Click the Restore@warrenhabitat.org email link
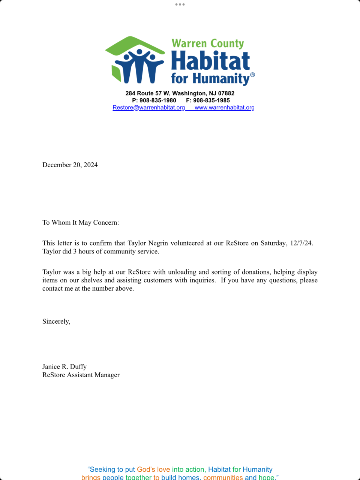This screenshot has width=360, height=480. [x=149, y=108]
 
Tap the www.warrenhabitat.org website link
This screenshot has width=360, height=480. [x=225, y=108]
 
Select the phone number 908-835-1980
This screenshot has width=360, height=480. [x=158, y=100]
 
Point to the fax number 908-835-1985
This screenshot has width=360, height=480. [x=211, y=100]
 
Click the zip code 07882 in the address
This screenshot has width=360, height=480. [x=226, y=93]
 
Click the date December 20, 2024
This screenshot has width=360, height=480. [x=70, y=165]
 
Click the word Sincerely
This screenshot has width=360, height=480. [x=56, y=321]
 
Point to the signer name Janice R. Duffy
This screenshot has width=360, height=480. [x=64, y=367]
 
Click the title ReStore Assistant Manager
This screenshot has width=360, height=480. [x=81, y=375]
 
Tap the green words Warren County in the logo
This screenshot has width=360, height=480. [x=208, y=43]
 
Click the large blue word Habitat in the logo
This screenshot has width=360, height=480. [x=210, y=61]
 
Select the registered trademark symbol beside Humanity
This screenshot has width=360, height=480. [x=252, y=75]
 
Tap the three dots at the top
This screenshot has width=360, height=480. [x=180, y=4]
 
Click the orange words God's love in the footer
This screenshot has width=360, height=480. [x=153, y=469]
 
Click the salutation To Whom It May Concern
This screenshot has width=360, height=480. [x=81, y=223]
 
